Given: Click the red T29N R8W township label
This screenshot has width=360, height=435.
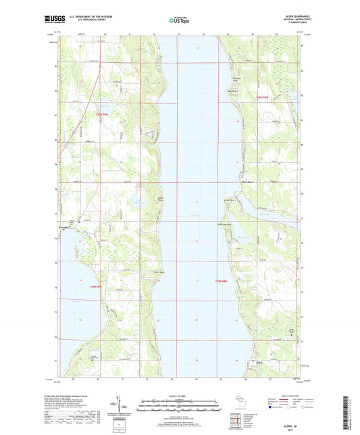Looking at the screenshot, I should tap(224, 281).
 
